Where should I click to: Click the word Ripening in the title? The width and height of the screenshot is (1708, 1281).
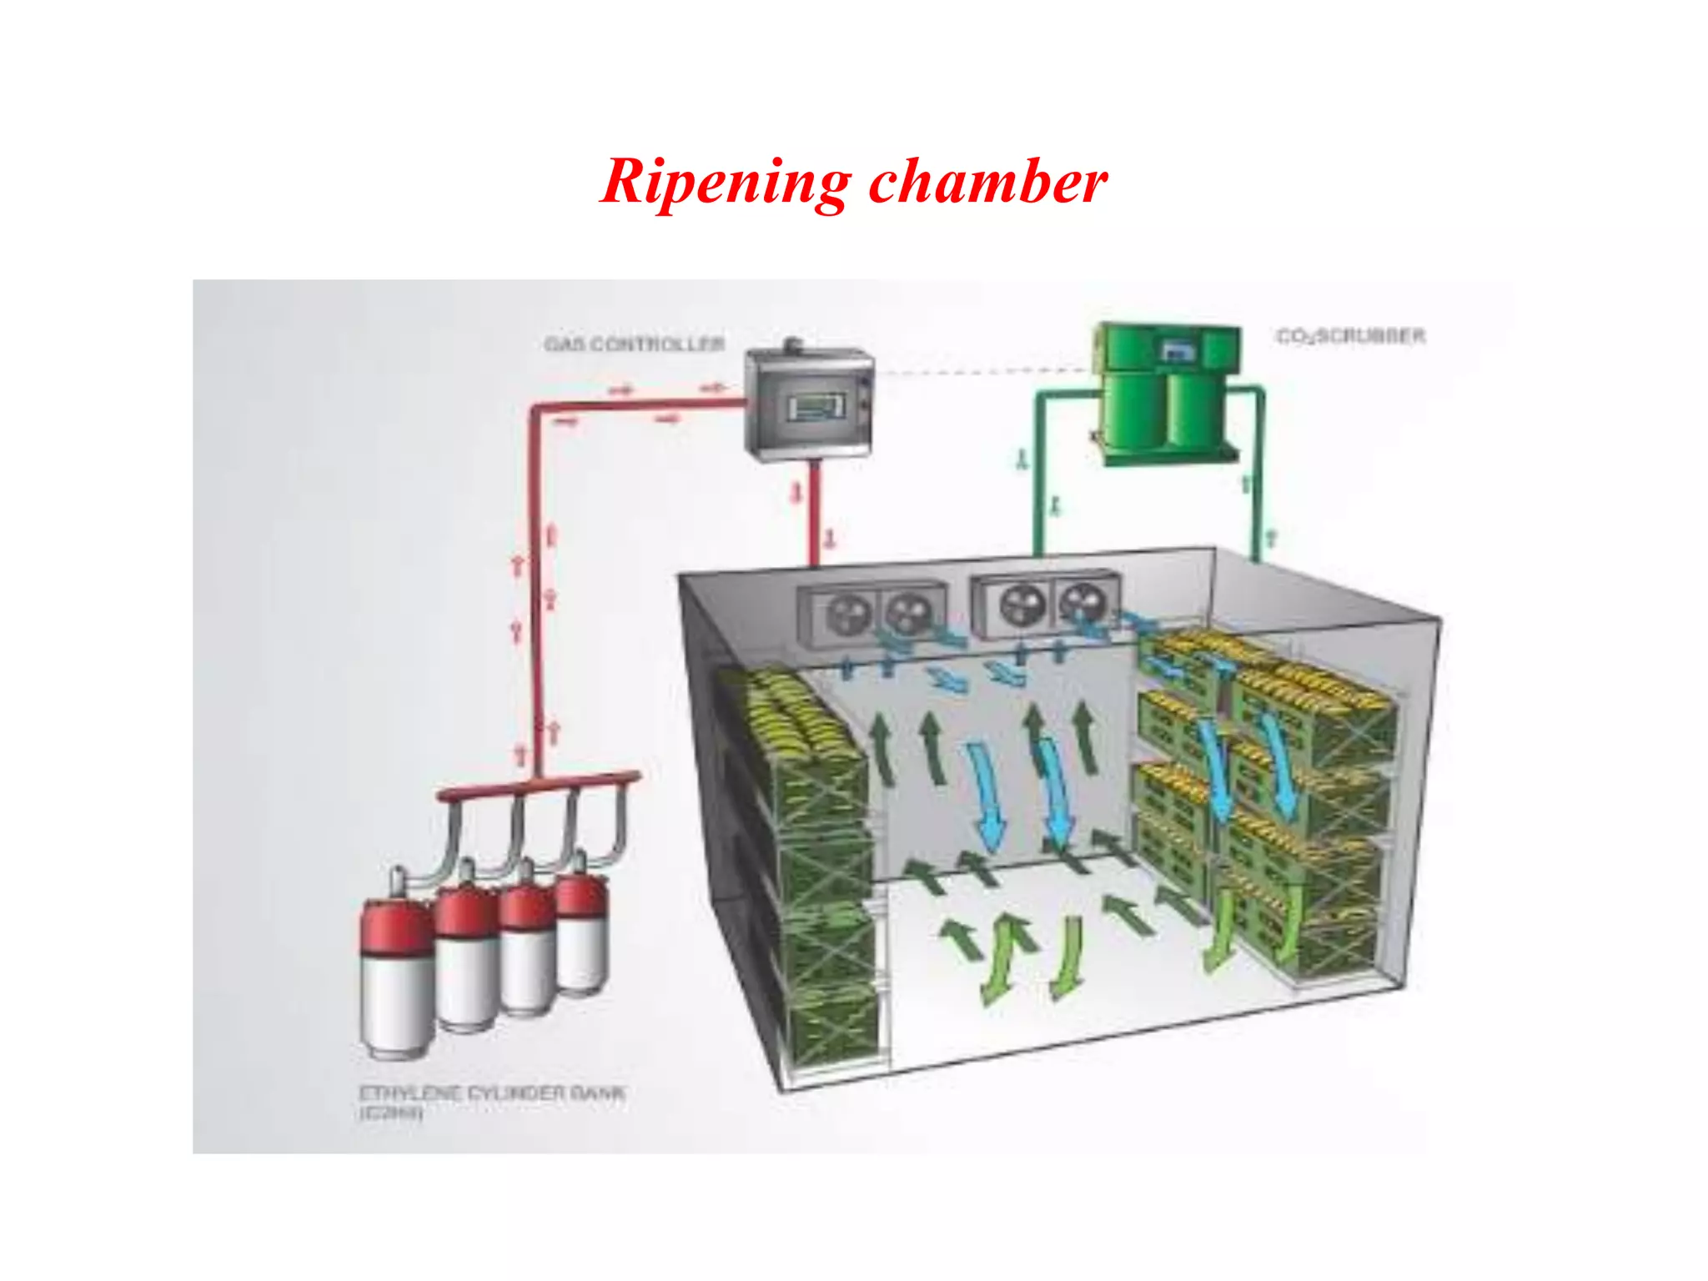tap(725, 182)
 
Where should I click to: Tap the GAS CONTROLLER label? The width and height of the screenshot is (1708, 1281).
tap(634, 344)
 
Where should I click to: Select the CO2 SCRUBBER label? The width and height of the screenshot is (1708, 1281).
tap(1350, 336)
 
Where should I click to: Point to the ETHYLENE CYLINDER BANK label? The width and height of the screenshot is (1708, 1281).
tap(492, 1093)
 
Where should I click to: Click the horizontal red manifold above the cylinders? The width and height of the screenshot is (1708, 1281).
tap(538, 786)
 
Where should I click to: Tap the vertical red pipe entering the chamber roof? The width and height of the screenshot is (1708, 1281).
tap(814, 513)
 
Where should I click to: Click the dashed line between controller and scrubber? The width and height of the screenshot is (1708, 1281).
tap(984, 372)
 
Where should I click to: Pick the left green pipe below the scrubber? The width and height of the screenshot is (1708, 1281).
tap(1038, 475)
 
